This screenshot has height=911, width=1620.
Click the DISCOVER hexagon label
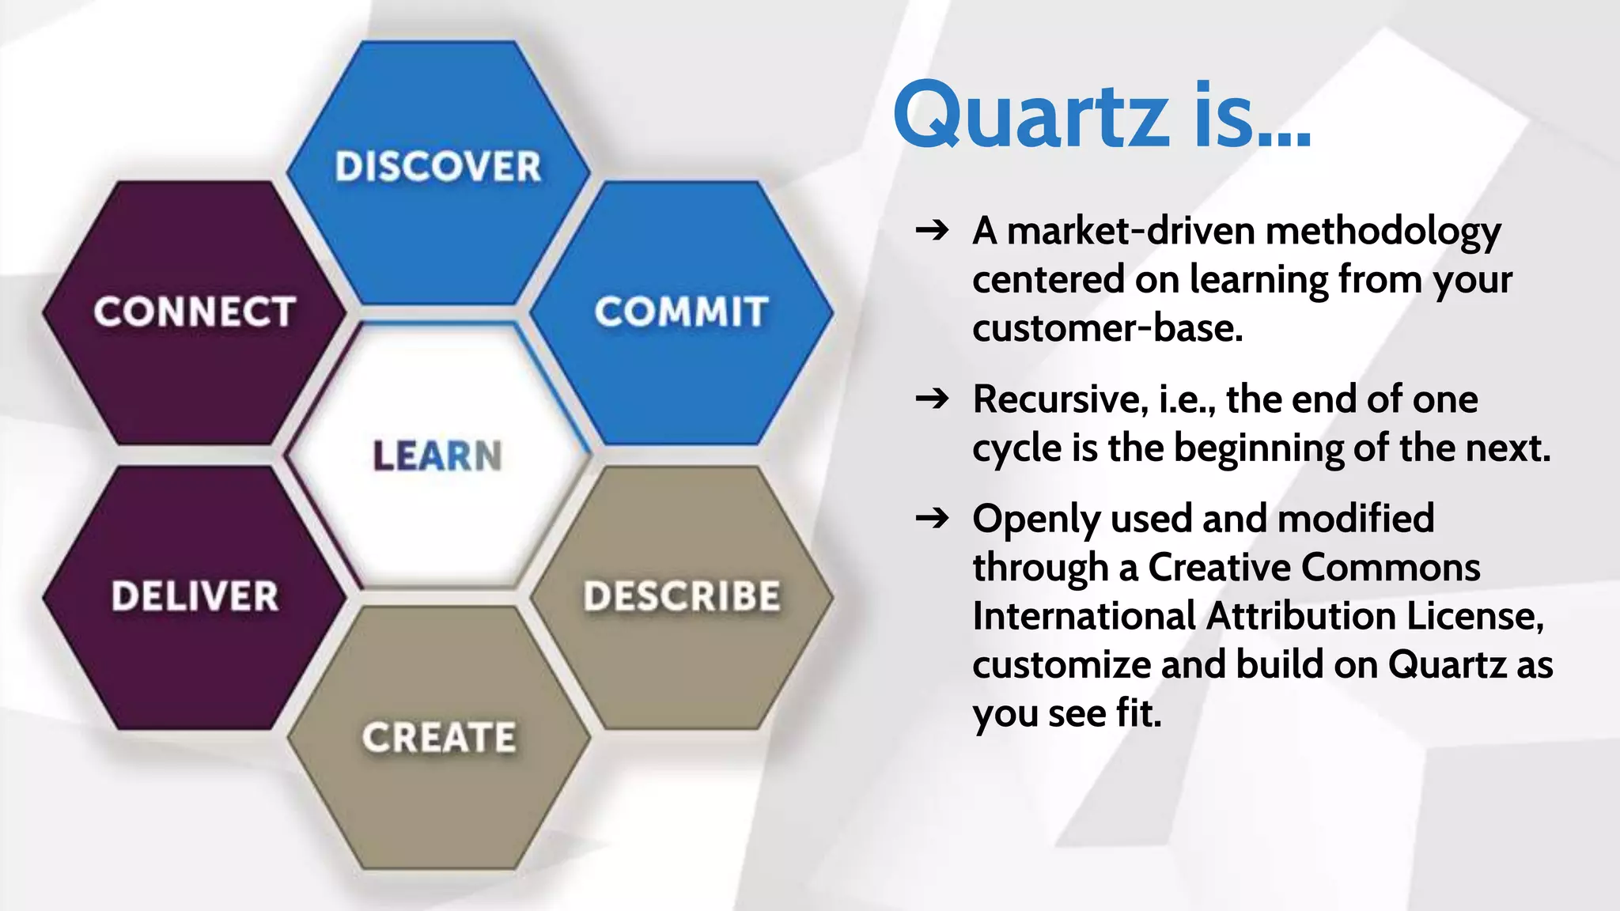[437, 167]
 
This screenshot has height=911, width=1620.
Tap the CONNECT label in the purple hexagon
[195, 312]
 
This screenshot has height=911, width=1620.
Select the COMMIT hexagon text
[681, 312]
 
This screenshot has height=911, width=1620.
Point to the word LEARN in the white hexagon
[437, 456]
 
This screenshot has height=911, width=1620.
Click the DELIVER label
[195, 596]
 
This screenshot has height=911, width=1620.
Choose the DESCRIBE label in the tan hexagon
[682, 596]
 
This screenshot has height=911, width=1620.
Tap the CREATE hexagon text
[439, 738]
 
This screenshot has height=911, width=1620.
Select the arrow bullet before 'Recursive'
[932, 399]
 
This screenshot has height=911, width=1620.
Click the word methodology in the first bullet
[1383, 232]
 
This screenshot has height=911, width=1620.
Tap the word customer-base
[1107, 328]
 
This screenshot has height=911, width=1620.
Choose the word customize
[1062, 665]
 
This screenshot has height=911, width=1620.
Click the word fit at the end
[1137, 713]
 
